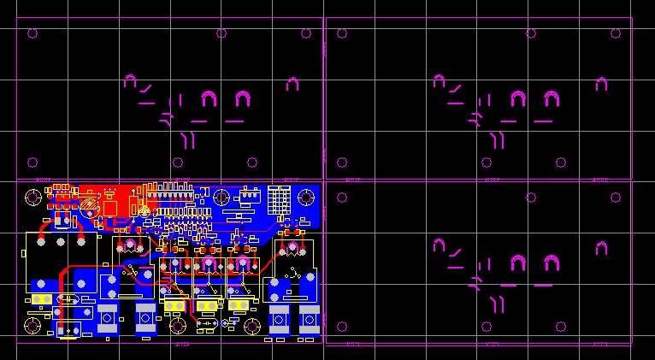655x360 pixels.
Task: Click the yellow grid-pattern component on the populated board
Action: (279, 201)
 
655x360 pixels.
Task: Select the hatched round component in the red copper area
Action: (89, 205)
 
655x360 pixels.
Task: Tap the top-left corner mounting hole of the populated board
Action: (32, 197)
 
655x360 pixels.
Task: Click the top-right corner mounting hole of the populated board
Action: (307, 197)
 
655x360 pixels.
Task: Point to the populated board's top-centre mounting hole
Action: (222, 197)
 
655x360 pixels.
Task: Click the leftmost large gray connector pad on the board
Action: (107, 317)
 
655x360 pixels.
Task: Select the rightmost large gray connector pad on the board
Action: (310, 319)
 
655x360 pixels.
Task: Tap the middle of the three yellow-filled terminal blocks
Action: (207, 305)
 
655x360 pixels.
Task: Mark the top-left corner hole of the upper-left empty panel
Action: (32, 34)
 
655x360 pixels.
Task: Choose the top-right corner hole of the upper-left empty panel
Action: (307, 34)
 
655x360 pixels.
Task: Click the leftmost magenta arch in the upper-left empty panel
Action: (130, 81)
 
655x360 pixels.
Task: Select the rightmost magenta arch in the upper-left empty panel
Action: (292, 84)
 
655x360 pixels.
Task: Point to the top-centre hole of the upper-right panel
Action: (531, 34)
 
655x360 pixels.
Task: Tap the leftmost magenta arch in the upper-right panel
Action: (439, 81)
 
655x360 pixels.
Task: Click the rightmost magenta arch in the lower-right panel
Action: (601, 248)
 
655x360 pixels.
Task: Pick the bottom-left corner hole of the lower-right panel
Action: (342, 326)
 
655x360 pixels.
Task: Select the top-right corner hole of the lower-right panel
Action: (616, 197)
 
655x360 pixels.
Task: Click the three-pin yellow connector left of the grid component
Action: (248, 196)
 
